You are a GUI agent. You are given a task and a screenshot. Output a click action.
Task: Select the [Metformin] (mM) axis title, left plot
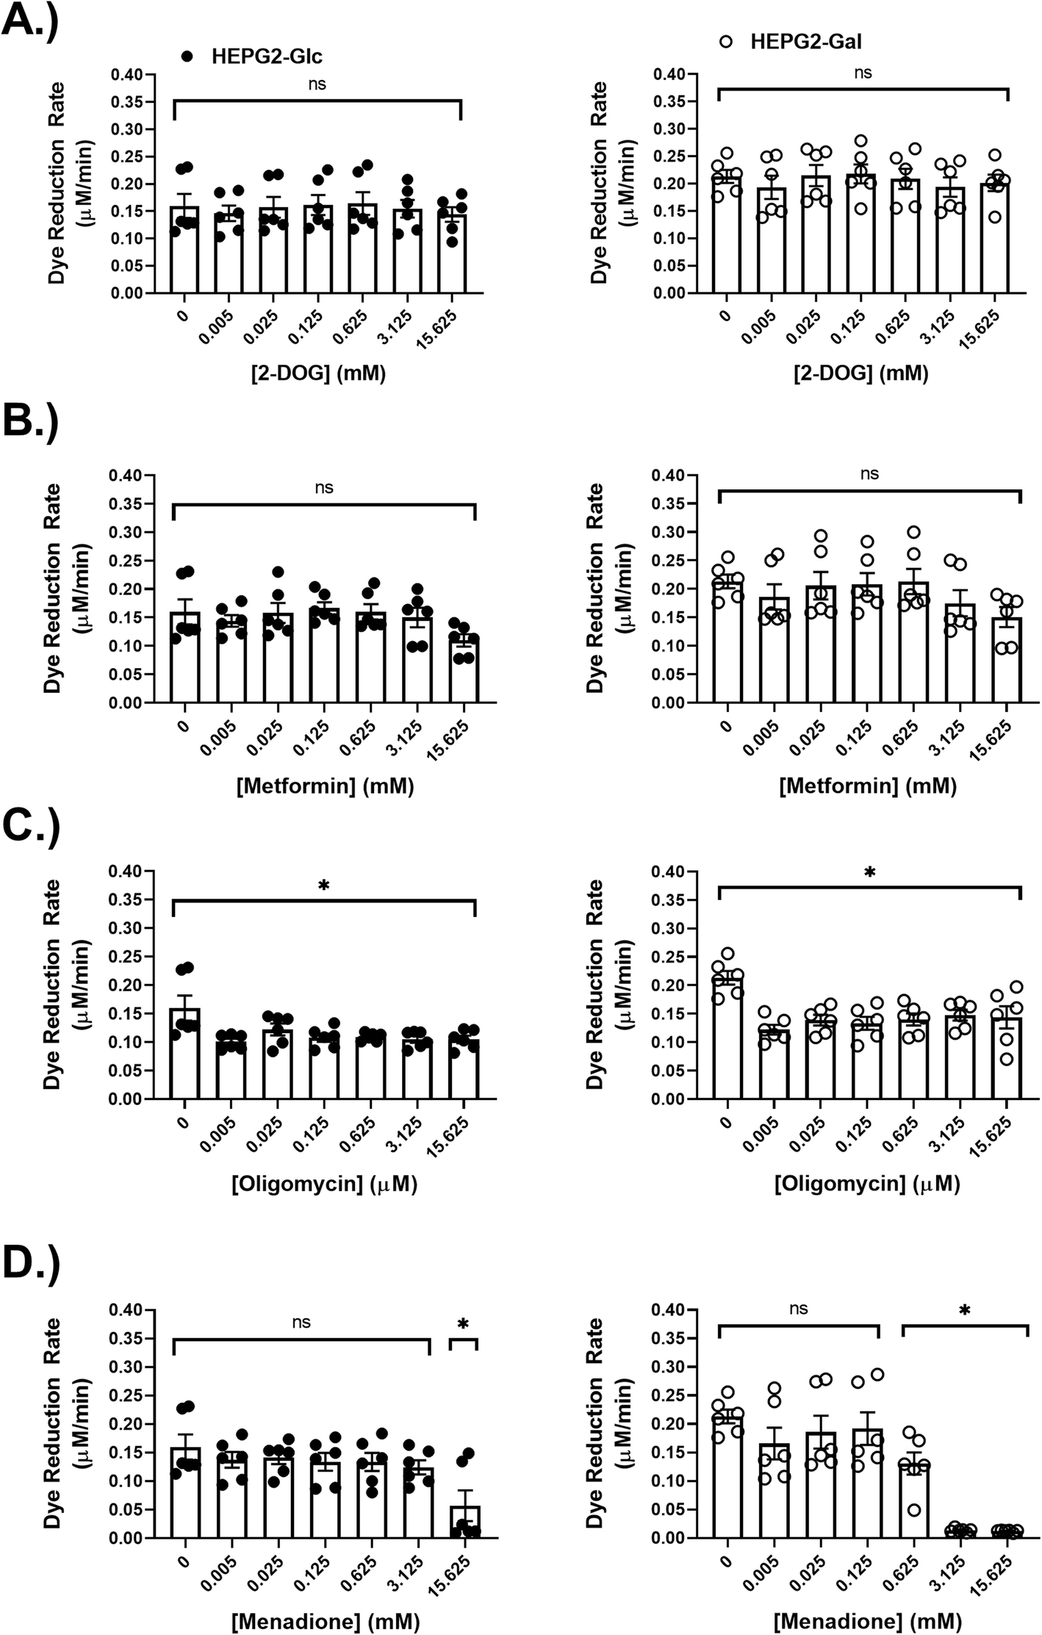tap(325, 787)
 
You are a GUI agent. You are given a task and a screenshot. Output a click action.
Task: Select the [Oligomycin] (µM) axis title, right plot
tap(867, 1184)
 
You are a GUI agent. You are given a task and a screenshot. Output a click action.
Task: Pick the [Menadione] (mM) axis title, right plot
tap(867, 1620)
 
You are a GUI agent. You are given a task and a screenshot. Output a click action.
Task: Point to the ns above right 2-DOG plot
tap(863, 73)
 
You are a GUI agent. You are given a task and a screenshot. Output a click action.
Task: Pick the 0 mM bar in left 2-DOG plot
tap(184, 250)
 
